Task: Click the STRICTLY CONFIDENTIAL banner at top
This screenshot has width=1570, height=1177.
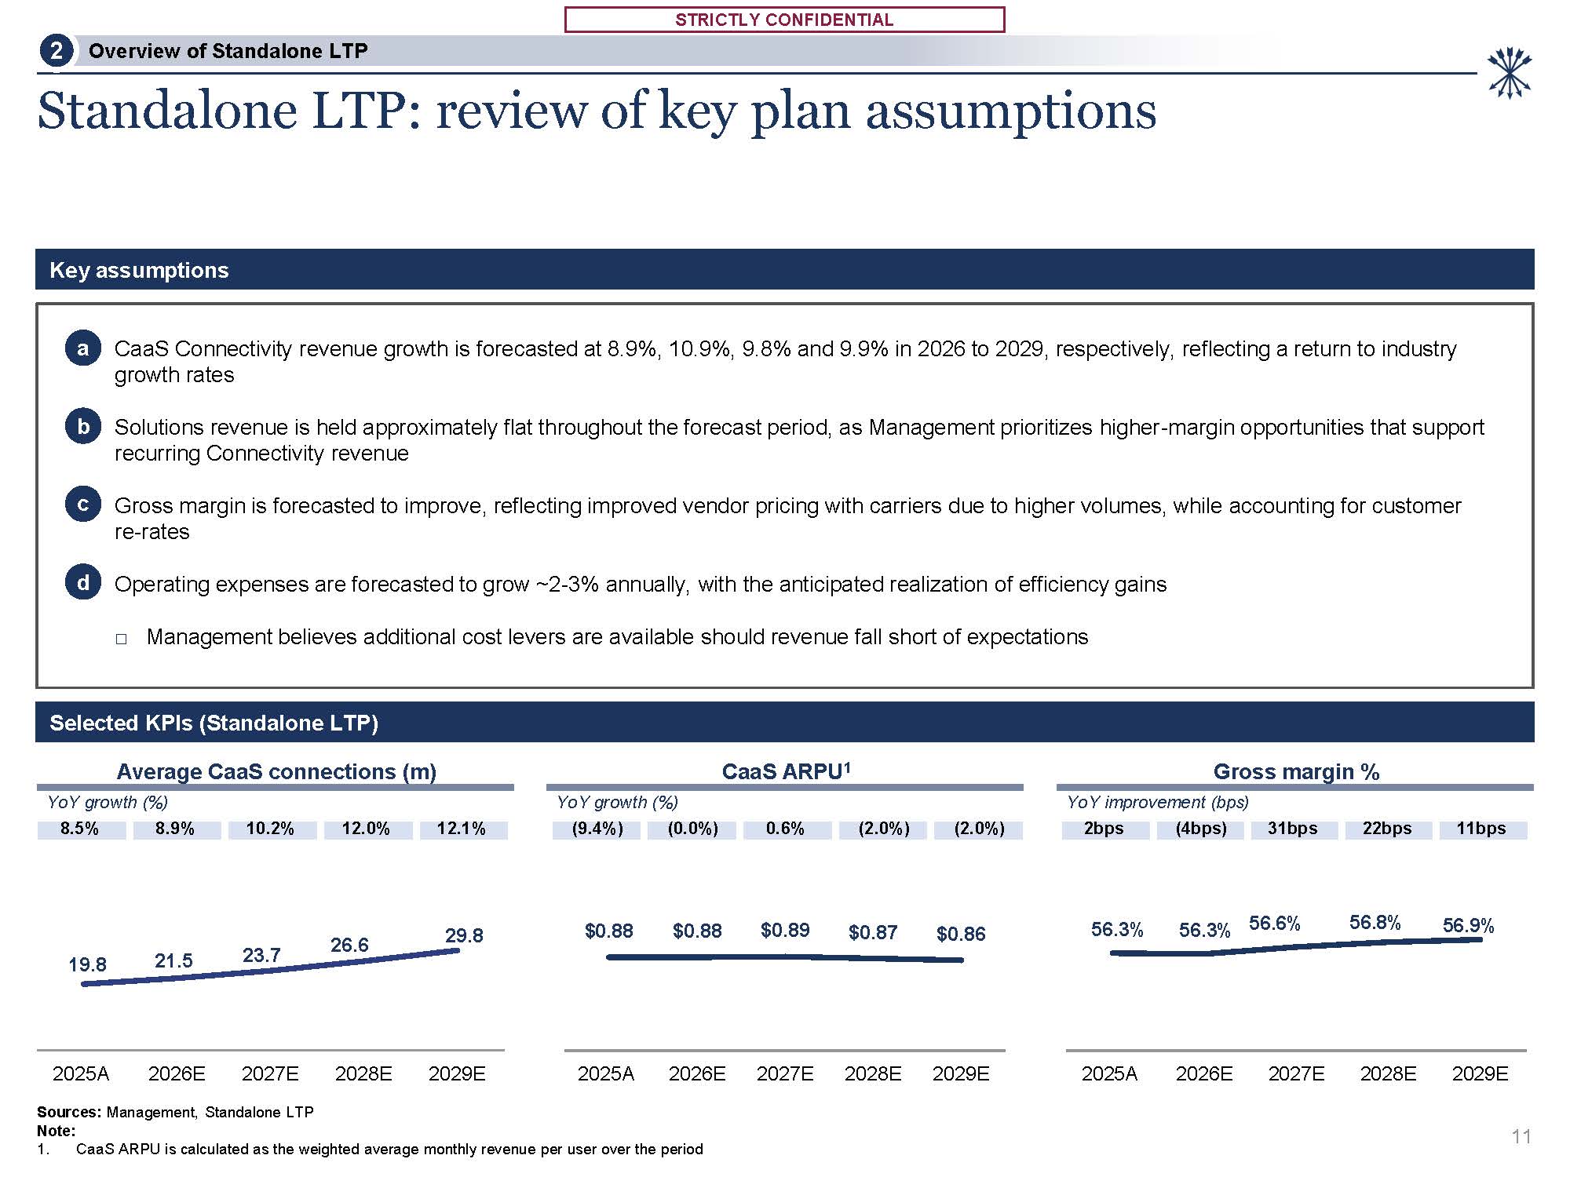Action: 784,20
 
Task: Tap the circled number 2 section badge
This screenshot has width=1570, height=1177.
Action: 56,51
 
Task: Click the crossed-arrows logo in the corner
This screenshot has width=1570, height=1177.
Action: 1509,73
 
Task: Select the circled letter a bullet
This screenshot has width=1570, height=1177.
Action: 82,348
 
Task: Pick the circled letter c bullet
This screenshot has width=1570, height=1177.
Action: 82,505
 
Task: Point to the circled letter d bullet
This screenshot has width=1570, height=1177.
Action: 82,583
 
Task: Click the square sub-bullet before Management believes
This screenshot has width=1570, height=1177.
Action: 121,639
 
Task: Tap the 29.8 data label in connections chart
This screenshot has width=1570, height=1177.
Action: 464,935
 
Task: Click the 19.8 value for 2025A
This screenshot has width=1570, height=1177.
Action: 87,964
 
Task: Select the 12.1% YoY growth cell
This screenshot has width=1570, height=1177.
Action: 462,829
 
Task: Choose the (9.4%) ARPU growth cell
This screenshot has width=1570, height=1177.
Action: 597,829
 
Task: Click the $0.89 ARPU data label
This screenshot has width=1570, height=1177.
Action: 785,930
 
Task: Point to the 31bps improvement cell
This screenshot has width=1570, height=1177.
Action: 1292,829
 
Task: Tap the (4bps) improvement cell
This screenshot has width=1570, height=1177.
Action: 1200,829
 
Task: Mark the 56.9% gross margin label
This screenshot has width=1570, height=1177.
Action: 1468,926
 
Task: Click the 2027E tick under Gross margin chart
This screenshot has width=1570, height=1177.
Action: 1296,1073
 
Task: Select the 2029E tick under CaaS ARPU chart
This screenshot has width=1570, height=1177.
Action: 961,1073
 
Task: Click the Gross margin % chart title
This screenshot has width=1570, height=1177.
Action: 1296,772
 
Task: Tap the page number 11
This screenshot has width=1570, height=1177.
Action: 1521,1136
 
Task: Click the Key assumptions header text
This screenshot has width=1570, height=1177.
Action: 139,270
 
